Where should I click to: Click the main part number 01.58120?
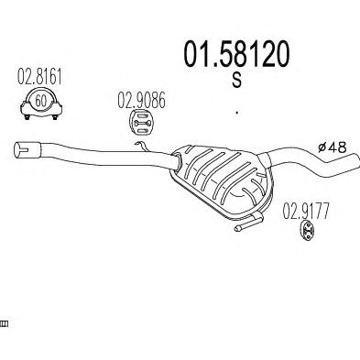(x=236, y=54)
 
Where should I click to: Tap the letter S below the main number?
(x=236, y=81)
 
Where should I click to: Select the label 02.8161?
(x=39, y=76)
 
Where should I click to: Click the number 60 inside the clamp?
(x=40, y=101)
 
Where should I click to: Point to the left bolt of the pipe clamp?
(x=27, y=117)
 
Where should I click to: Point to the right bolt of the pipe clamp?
(x=55, y=117)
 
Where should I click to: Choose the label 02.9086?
(x=142, y=101)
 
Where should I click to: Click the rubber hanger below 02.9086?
(x=142, y=123)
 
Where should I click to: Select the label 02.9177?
(x=306, y=212)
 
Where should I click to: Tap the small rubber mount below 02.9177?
(x=307, y=231)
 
